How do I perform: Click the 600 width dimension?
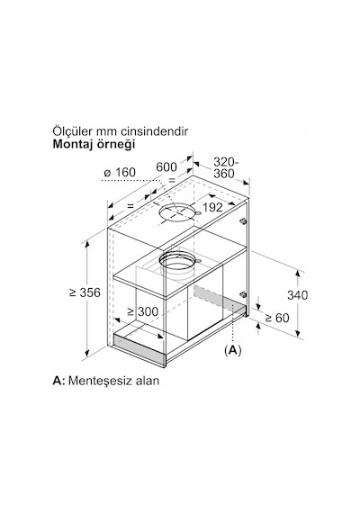pos(166,166)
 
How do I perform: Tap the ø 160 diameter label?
pos(120,173)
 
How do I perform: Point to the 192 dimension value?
pos(212,207)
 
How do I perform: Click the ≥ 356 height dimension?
pos(85,292)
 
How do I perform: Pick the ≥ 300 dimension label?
pos(143,311)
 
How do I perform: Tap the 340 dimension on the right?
pos(298,295)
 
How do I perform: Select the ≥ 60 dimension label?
pos(277,318)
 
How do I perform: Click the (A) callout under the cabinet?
pos(233,350)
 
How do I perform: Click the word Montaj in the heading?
pos(73,144)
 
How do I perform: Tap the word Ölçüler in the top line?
pos(72,131)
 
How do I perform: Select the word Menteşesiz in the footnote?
pos(100,381)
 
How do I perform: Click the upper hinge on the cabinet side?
pos(242,221)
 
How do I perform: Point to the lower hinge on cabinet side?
pos(242,294)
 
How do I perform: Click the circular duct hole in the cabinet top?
pos(177,212)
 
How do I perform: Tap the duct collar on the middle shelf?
pos(177,261)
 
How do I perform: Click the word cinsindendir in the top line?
pos(155,131)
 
